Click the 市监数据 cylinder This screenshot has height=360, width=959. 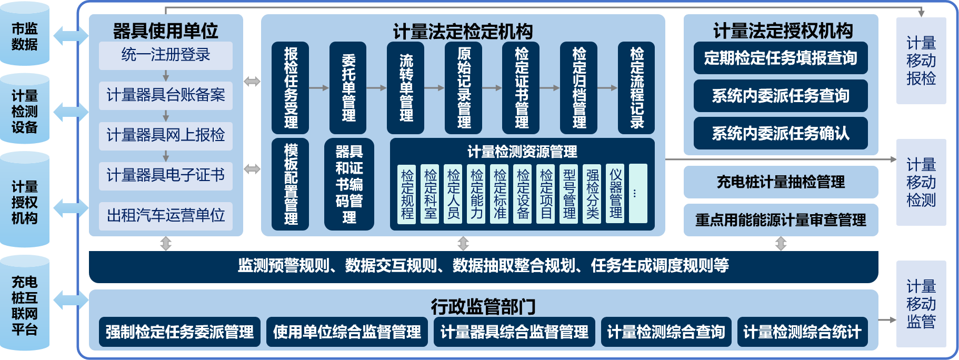tap(25, 36)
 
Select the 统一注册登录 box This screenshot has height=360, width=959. tap(166, 55)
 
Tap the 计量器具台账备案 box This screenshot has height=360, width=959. tap(166, 95)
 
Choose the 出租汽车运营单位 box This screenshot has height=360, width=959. tap(166, 215)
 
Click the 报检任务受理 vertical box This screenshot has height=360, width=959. tap(291, 88)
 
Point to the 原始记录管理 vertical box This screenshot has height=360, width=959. tap(464, 88)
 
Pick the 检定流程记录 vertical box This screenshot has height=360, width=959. tap(636, 88)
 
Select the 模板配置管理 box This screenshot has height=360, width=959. tap(291, 184)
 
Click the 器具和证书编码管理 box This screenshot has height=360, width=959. tap(349, 184)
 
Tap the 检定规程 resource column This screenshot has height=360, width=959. tap(407, 194)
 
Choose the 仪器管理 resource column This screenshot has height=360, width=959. tap(615, 194)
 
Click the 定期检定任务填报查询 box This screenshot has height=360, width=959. tap(781, 58)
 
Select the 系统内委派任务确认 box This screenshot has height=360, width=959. tap(781, 134)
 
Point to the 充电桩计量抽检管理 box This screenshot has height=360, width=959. tap(781, 182)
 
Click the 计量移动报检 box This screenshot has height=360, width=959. tap(921, 61)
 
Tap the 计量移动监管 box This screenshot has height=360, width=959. tap(921, 304)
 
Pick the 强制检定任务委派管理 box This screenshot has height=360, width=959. tap(179, 332)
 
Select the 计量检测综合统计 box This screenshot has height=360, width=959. tap(802, 332)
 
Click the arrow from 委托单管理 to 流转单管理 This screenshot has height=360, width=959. tap(376, 88)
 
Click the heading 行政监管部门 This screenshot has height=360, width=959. tap(483, 306)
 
